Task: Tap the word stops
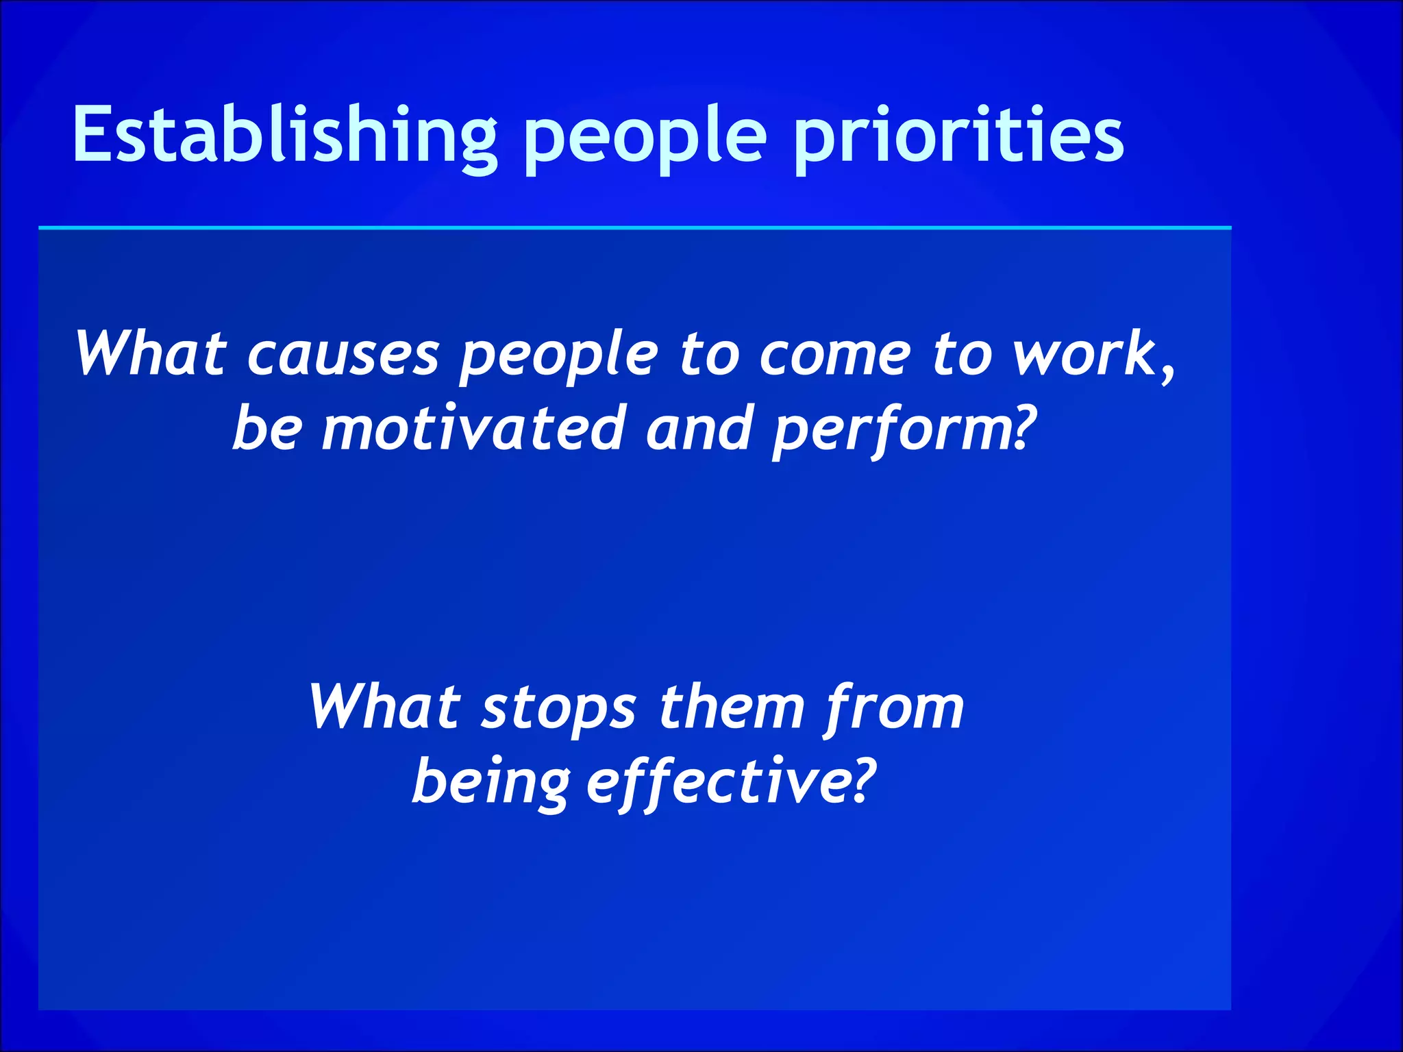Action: [558, 709]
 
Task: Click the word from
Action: [894, 709]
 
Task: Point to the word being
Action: [491, 784]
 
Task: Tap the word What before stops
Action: [384, 707]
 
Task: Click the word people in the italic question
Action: [558, 358]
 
